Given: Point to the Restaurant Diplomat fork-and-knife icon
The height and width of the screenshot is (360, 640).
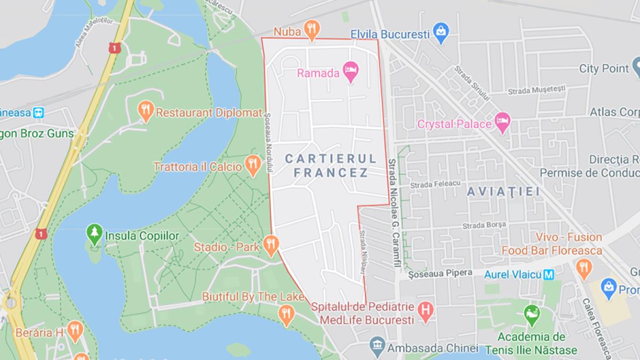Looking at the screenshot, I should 145,110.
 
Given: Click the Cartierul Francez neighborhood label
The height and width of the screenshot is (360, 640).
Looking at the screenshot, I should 331,165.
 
